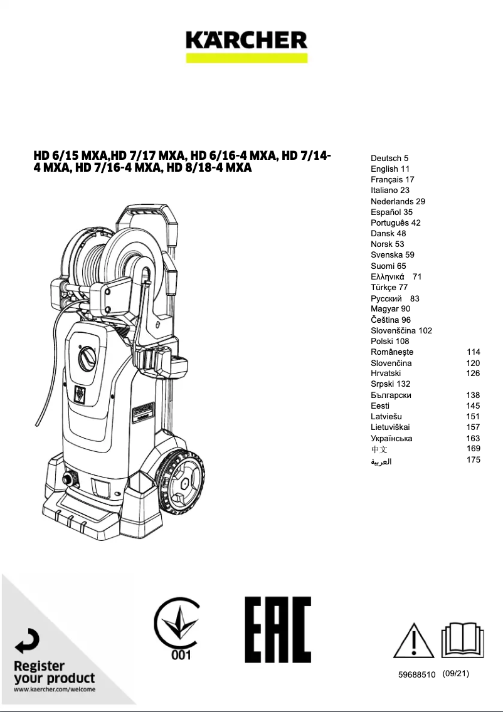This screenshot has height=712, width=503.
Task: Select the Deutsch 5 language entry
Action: (x=389, y=159)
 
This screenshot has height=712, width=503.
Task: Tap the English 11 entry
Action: (x=390, y=169)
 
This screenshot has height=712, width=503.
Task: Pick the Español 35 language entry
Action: (x=391, y=212)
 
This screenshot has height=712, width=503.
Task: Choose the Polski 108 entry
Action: (x=389, y=341)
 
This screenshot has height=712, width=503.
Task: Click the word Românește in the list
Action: (x=392, y=352)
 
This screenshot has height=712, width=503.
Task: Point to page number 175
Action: (x=474, y=459)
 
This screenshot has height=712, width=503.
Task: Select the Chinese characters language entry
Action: (x=379, y=449)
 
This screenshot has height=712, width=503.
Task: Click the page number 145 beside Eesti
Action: (x=474, y=406)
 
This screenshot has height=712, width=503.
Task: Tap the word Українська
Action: (x=391, y=438)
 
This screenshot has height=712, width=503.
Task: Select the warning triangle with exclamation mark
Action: (x=413, y=641)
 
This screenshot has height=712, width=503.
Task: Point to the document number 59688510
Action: (x=416, y=675)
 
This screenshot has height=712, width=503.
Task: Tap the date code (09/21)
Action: (x=455, y=674)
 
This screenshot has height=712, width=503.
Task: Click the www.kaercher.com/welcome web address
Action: (x=55, y=689)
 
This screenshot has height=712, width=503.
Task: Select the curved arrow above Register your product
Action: (x=28, y=641)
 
